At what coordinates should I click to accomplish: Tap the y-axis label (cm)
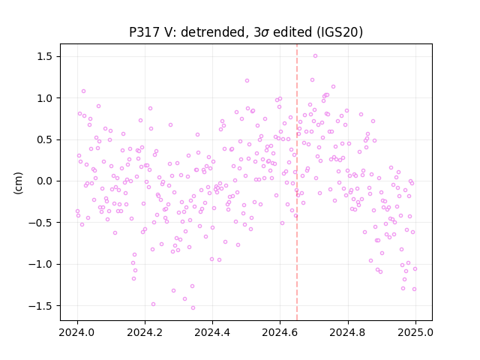[x=18, y=183]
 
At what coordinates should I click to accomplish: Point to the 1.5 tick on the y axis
[x=45, y=57]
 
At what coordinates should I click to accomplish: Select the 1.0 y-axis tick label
[x=45, y=98]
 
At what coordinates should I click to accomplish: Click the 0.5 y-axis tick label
[x=45, y=139]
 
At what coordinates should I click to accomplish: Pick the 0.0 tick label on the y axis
[x=45, y=181]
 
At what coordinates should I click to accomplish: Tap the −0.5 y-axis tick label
[x=41, y=223]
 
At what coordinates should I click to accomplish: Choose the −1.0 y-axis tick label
[x=41, y=264]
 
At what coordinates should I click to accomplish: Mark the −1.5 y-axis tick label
[x=41, y=305]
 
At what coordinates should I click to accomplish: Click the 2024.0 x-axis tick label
[x=77, y=332]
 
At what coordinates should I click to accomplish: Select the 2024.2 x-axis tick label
[x=145, y=332]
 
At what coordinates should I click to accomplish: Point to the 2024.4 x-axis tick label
[x=212, y=332]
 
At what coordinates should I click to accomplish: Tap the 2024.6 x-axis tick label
[x=280, y=332]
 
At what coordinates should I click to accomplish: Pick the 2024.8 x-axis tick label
[x=347, y=332]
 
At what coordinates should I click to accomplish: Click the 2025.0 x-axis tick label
[x=415, y=332]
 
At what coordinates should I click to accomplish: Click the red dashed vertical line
[x=297, y=182]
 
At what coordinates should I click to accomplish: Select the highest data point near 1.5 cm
[x=315, y=56]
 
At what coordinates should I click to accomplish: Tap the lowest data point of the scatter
[x=193, y=308]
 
